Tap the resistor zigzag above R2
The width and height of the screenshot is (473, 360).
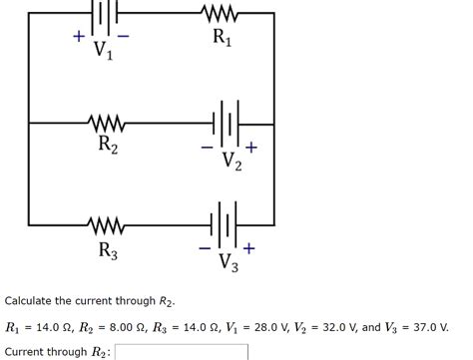pyautogui.click(x=106, y=124)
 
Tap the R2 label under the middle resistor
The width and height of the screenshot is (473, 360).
pyautogui.click(x=108, y=147)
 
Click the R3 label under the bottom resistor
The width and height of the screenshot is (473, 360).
pyautogui.click(x=108, y=250)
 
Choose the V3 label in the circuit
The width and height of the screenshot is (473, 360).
pyautogui.click(x=229, y=264)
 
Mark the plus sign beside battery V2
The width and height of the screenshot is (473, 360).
pyautogui.click(x=251, y=147)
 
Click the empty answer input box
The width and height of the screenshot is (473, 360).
pyautogui.click(x=181, y=351)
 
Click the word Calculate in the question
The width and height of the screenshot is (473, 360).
pyautogui.click(x=31, y=300)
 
